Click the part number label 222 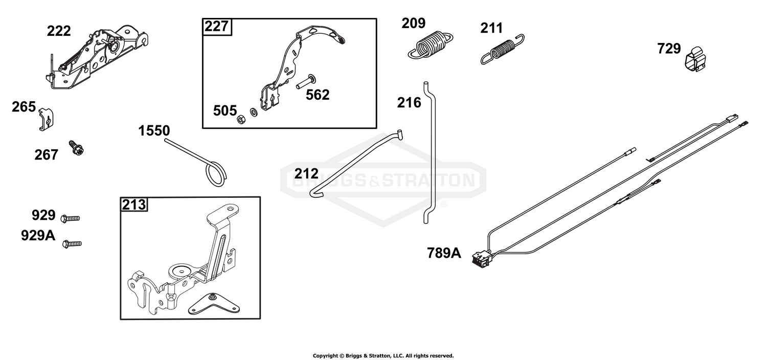point(59,31)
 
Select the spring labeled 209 point(431,44)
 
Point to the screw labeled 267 point(76,148)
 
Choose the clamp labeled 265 point(46,119)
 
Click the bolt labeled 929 point(70,218)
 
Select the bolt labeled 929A point(72,244)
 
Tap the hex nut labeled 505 point(241,120)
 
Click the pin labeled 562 point(306,81)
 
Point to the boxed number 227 point(216,27)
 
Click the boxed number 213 point(134,205)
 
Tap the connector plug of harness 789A point(481,260)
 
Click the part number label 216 point(409,103)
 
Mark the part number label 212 point(306,174)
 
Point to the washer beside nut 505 point(254,112)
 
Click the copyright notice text point(383,355)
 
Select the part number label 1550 point(154,131)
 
